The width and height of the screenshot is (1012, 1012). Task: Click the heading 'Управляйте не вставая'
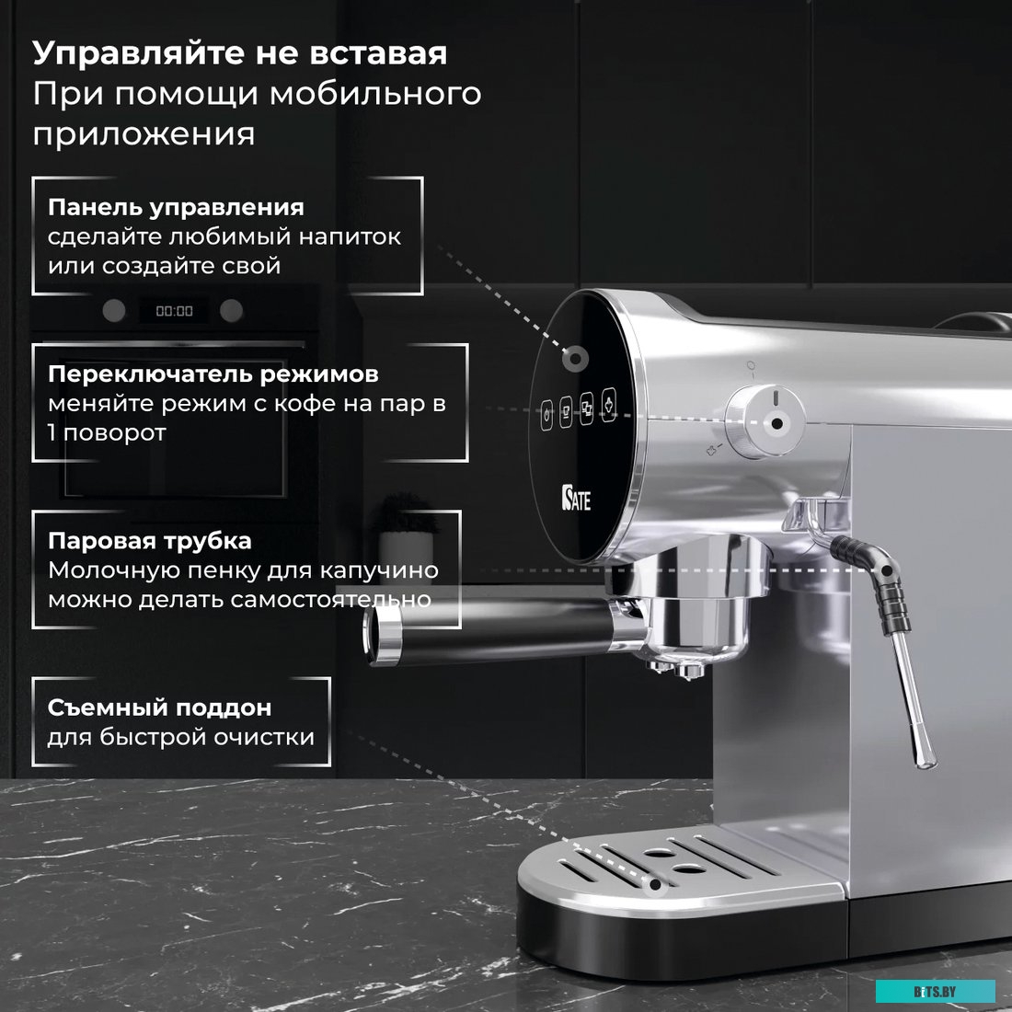pos(239,52)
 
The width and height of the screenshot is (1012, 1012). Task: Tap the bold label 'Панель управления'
pos(176,207)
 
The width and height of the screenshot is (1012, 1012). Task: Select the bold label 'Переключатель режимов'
pos(213,374)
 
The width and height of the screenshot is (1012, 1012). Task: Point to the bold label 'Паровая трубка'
pos(149,541)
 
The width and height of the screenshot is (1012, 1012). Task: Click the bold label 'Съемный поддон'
pos(159,707)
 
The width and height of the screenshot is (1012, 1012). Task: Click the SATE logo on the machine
pos(576,499)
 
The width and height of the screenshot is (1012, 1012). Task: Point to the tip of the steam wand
pos(924,759)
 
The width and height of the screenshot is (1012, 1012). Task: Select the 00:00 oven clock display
pos(174,311)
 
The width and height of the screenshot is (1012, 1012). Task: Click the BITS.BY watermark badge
pos(935,991)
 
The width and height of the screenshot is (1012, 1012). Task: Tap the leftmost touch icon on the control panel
pos(546,413)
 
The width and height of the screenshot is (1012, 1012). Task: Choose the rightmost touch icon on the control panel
pos(608,404)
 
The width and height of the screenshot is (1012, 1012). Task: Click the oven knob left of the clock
pos(113,310)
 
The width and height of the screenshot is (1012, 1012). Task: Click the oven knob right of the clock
pos(232,310)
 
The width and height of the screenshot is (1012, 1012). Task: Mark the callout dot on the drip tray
pos(655,885)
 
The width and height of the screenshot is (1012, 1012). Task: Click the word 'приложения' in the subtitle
pos(144,133)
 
